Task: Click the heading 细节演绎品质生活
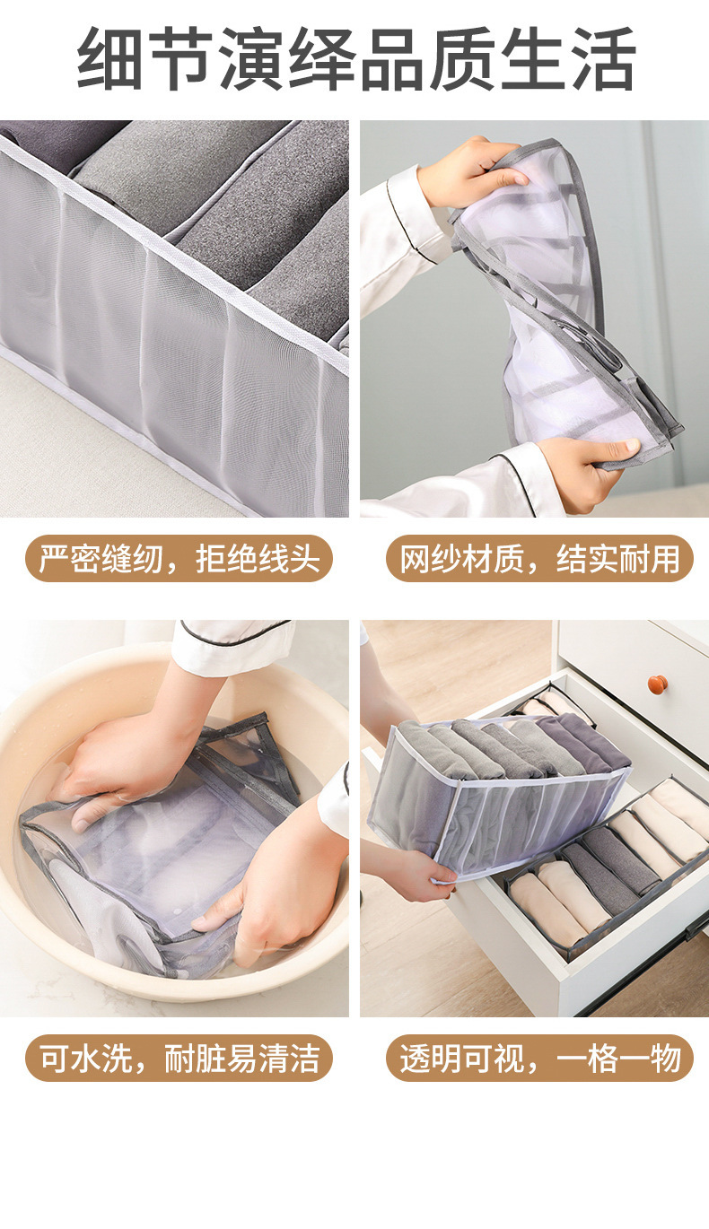coord(355,60)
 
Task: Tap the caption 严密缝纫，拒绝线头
coord(179,558)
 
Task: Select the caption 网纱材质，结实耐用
coord(539,558)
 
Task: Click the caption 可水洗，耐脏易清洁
coord(179,1058)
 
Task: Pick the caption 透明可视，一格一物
coord(539,1058)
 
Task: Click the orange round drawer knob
coord(658,684)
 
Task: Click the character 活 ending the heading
coord(603,60)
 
